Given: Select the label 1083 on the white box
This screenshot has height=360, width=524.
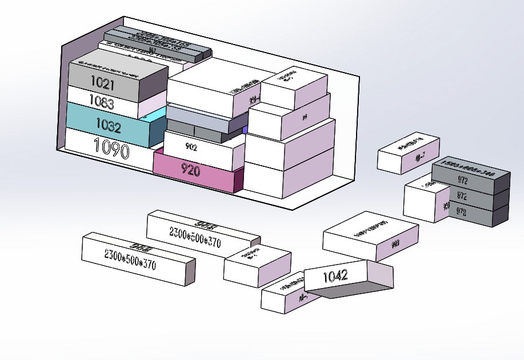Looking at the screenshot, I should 101,104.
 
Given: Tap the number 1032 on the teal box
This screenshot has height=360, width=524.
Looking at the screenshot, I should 108,125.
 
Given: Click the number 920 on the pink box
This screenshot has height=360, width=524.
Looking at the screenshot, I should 191,170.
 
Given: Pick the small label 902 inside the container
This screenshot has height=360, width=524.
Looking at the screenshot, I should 191,147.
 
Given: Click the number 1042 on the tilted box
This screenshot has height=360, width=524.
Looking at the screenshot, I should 335,277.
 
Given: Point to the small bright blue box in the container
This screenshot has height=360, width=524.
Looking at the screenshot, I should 245,130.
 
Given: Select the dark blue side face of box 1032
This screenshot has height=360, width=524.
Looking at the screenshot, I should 157,131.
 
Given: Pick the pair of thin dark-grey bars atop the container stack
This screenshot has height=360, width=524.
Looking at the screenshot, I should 154,45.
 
